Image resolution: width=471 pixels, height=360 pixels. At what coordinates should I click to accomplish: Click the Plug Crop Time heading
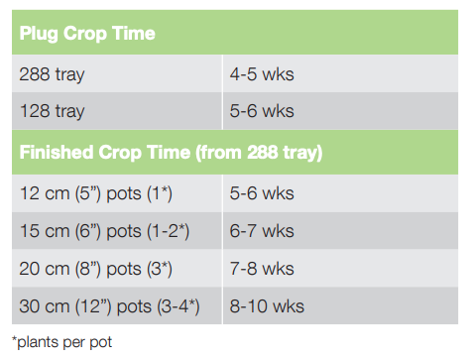click(x=87, y=34)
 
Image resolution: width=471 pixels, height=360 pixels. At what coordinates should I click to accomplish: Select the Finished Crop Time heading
click(x=171, y=153)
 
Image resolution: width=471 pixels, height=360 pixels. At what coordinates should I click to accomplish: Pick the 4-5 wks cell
click(x=262, y=73)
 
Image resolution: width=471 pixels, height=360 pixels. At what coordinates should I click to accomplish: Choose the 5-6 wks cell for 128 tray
click(x=262, y=112)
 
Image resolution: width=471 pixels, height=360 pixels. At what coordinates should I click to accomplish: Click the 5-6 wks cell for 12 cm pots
click(x=262, y=192)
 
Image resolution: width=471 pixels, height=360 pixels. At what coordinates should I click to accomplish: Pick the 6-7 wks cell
click(x=262, y=231)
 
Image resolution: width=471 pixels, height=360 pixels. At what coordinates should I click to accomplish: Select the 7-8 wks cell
click(x=262, y=269)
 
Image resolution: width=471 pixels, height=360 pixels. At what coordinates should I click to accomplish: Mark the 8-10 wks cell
click(x=266, y=306)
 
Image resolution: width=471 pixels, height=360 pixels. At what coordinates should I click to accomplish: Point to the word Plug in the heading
click(x=41, y=34)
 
